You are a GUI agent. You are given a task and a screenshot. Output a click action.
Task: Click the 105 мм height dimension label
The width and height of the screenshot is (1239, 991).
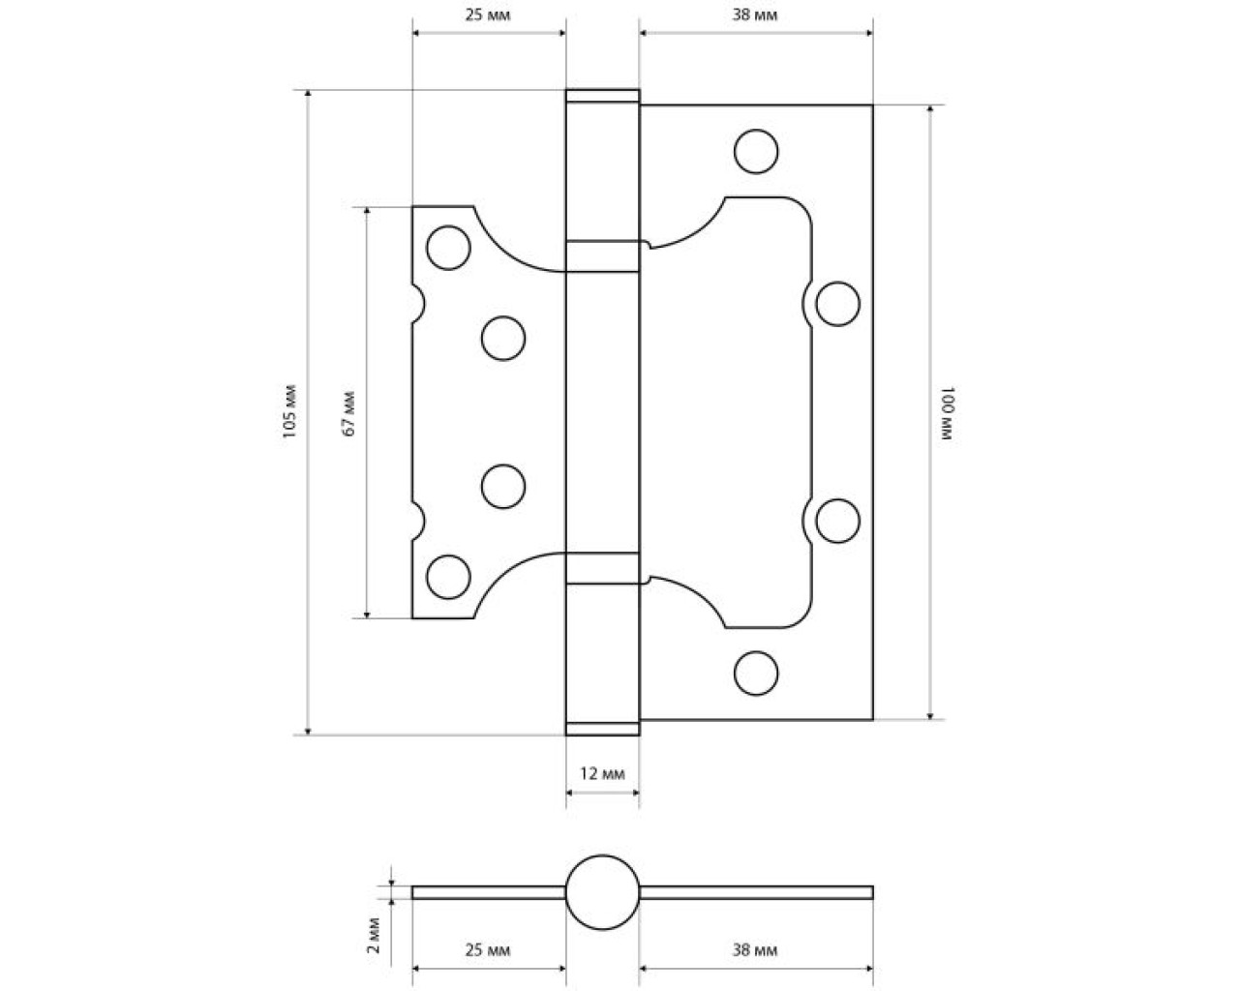coord(289,411)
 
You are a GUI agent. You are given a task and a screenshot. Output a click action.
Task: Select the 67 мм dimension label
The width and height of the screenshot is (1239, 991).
coord(349,414)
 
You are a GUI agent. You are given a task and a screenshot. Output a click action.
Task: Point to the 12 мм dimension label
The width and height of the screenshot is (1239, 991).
coord(602,773)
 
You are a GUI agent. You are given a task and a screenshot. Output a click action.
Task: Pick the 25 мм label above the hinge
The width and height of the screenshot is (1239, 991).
coord(488,15)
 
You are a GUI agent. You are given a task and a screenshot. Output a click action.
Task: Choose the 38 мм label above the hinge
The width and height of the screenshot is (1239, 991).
coord(755,15)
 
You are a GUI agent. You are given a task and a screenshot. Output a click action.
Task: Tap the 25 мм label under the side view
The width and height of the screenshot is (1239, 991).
coord(488,949)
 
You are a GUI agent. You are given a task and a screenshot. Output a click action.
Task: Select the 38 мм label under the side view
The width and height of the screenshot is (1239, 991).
coord(755,949)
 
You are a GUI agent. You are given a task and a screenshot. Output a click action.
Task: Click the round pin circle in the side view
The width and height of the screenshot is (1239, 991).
coord(602,855)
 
